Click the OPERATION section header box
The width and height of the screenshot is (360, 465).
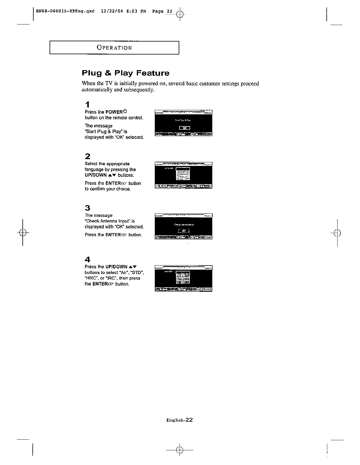pos(114,48)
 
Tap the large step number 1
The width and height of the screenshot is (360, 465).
pos(87,105)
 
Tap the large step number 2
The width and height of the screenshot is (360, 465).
pos(87,156)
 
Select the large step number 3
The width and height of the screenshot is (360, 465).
pos(87,208)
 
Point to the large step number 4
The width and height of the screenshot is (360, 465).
pos(87,260)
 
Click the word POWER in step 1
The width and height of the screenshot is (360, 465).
pos(114,112)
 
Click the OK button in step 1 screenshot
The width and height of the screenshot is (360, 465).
pos(185,128)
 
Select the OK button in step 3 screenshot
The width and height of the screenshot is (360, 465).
pos(184,231)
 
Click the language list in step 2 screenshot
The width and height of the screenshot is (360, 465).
pos(183,174)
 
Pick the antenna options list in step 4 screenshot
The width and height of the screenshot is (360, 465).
pos(183,277)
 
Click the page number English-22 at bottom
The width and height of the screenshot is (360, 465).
pos(179,420)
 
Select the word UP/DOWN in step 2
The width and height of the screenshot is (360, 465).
pos(96,175)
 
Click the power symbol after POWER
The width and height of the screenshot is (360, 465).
pos(125,111)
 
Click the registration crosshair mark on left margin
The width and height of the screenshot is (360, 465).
pos(23,233)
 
